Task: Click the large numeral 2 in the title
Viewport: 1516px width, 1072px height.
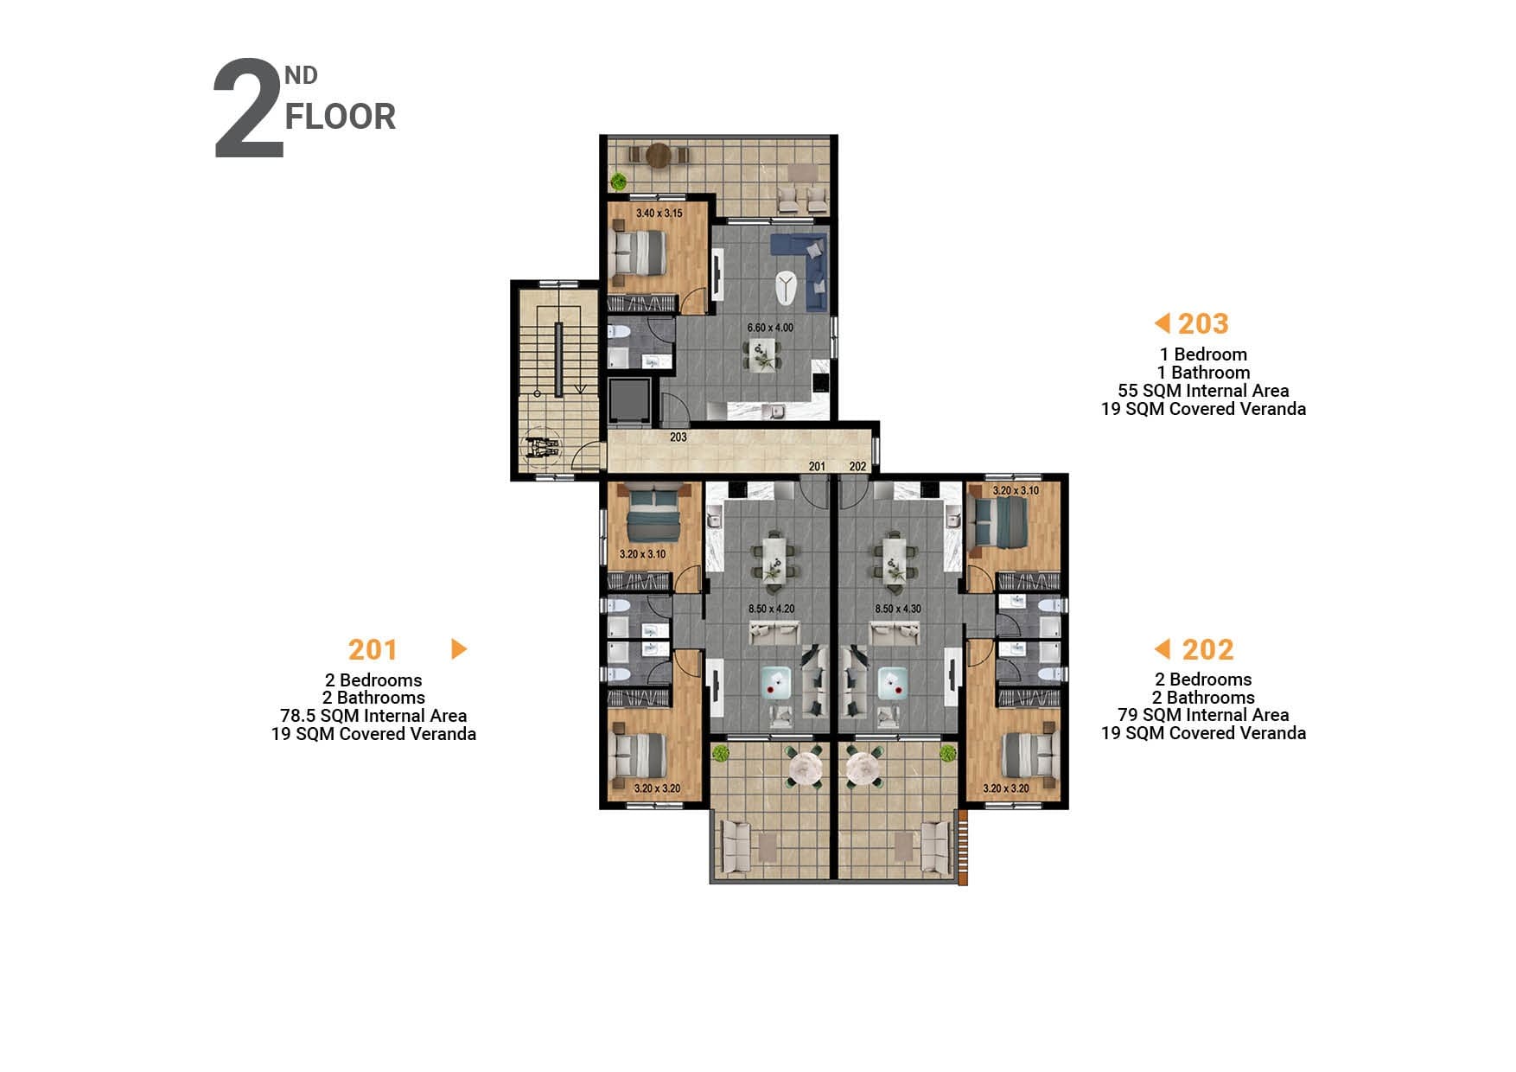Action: (x=248, y=109)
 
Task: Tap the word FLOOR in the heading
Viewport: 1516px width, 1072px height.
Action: (x=341, y=117)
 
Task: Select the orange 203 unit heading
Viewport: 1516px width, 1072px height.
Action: (x=1203, y=323)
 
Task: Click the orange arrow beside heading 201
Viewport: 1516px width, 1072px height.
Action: (x=459, y=648)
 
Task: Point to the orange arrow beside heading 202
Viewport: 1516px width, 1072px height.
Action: (x=1162, y=648)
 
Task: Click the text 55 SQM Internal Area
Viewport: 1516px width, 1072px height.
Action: (x=1203, y=391)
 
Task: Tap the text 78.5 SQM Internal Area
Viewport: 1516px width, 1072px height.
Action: (x=373, y=716)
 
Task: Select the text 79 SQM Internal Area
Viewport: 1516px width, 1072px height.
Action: (x=1203, y=715)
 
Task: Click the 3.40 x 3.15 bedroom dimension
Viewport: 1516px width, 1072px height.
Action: (x=659, y=213)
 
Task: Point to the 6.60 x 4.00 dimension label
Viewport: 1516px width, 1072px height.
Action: (x=770, y=328)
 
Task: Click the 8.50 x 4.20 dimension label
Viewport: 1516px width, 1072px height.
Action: (x=772, y=609)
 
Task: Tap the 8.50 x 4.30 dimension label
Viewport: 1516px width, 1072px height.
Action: (x=898, y=609)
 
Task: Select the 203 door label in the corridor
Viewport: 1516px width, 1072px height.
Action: (x=678, y=437)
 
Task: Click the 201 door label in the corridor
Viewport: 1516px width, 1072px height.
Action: (x=817, y=466)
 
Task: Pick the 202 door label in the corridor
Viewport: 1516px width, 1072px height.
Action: (x=857, y=466)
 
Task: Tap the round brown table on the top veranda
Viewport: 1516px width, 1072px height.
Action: (x=659, y=155)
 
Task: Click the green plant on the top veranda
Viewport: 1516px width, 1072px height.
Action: (x=619, y=182)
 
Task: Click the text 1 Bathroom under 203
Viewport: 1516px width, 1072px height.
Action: (x=1203, y=373)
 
